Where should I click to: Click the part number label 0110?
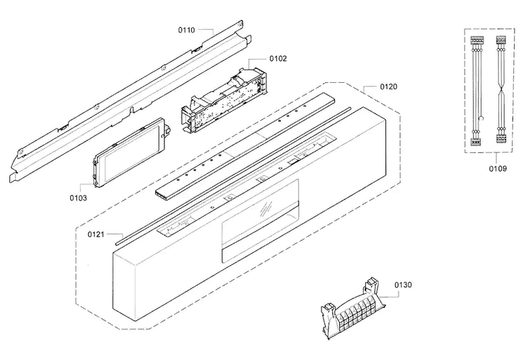pos(187,30)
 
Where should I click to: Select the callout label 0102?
pos(278,59)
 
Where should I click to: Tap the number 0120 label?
pos(389,86)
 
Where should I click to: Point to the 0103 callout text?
pos(78,198)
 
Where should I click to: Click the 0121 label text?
pos(96,235)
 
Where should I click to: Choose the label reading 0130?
pos(403,285)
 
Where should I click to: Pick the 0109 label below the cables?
pos(498,169)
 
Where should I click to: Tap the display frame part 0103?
pos(130,152)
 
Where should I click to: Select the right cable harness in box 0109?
pos(501,89)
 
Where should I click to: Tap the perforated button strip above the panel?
pos(245,146)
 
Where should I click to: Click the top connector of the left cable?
pos(476,40)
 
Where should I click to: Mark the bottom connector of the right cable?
pos(501,139)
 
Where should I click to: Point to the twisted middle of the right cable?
pos(501,91)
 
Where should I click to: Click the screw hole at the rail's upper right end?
pos(240,24)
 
